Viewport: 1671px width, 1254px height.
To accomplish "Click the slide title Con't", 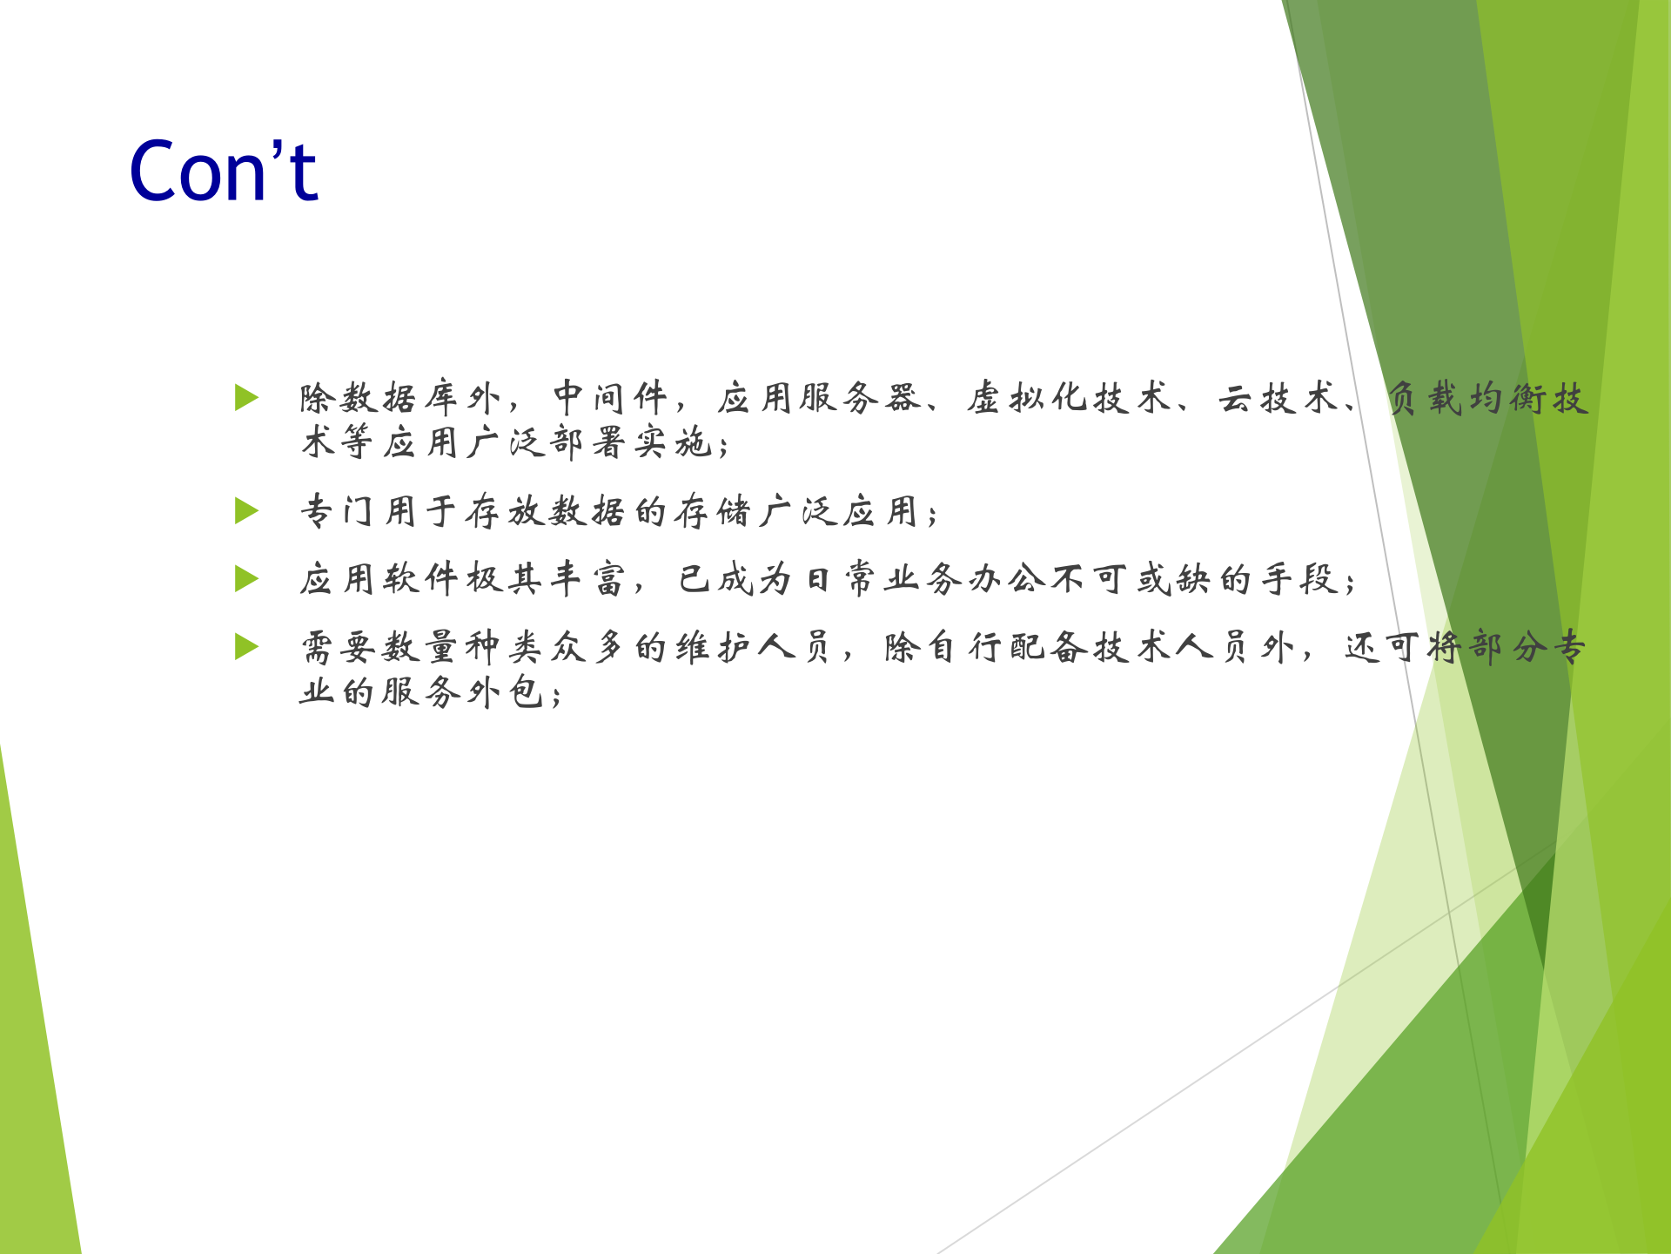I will pos(224,172).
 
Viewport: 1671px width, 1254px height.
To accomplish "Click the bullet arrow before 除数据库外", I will pos(247,398).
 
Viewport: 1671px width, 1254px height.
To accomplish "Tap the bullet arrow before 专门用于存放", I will pos(247,510).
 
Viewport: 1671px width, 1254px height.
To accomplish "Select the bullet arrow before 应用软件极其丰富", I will pos(247,578).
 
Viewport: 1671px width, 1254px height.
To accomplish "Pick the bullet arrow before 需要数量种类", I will pos(247,647).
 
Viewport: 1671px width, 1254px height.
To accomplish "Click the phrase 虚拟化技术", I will pos(1070,398).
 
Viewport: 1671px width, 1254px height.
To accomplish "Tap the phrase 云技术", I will pos(1278,398).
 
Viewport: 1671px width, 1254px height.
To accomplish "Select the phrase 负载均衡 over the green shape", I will pos(1466,398).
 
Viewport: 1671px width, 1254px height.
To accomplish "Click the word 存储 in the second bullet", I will pos(713,511).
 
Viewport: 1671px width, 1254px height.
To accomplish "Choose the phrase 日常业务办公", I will pos(923,579).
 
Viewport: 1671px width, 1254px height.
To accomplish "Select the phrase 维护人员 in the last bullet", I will pos(754,648).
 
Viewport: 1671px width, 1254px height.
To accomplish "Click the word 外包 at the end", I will pos(505,693).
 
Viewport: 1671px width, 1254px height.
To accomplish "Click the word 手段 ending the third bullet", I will pos(1300,579).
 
